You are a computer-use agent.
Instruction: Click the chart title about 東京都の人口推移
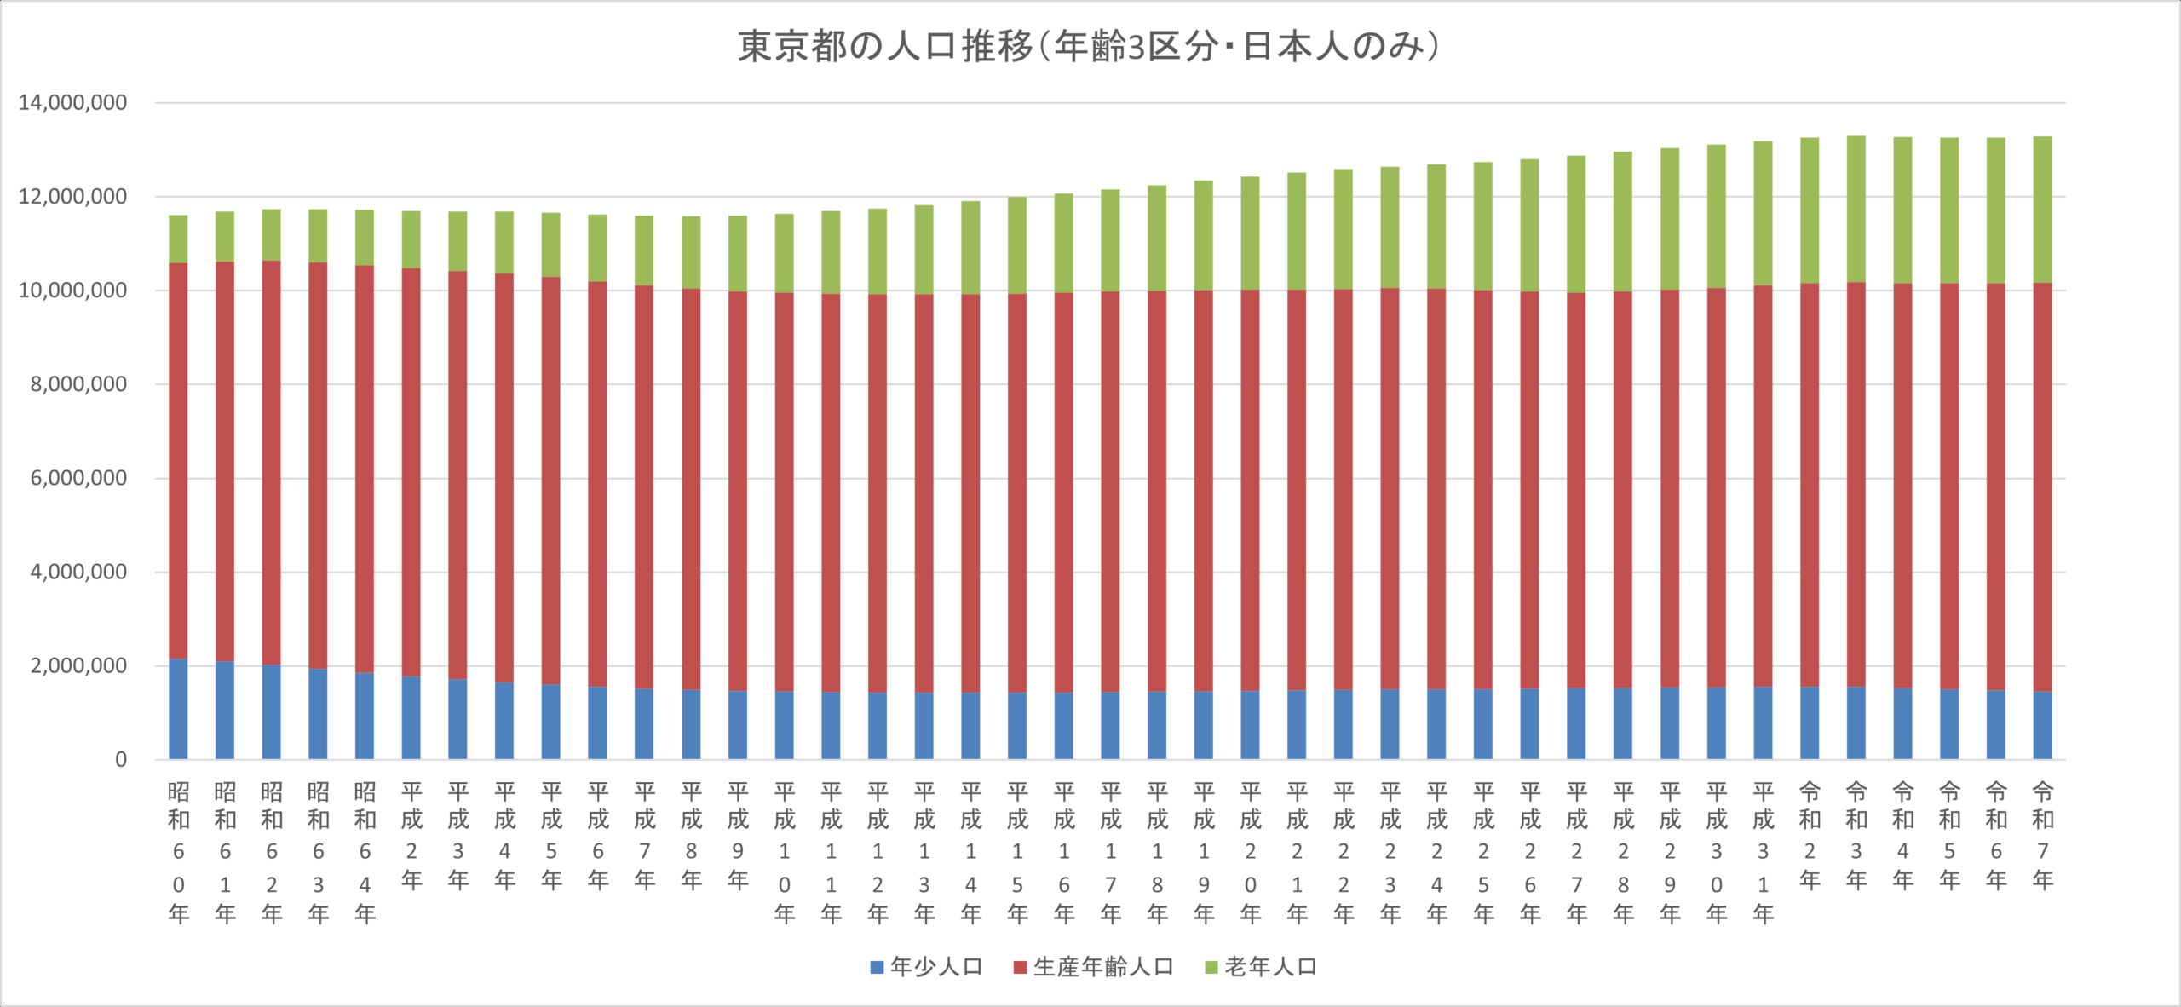click(1089, 47)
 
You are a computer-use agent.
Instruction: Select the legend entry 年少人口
click(926, 967)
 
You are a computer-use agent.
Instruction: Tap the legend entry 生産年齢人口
click(1093, 967)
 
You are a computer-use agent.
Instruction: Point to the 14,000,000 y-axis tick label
click(72, 103)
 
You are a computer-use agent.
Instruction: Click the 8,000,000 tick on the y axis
click(78, 384)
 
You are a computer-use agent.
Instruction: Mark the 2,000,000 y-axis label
click(78, 666)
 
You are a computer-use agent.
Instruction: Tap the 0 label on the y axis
click(121, 760)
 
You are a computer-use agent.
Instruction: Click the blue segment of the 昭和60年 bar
click(178, 709)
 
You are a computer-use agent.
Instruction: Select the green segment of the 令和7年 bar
click(2042, 209)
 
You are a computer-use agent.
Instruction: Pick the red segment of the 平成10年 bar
click(784, 492)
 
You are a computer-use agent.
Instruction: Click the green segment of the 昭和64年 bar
click(365, 238)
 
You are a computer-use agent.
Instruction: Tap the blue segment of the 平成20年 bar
click(1250, 725)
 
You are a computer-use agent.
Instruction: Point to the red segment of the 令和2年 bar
click(1810, 485)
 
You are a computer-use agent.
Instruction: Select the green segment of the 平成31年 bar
click(1763, 213)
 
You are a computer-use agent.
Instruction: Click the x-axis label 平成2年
click(411, 835)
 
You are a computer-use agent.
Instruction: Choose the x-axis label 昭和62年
click(272, 852)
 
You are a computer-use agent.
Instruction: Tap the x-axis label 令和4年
click(1902, 835)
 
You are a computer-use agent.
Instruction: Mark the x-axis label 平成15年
click(1017, 852)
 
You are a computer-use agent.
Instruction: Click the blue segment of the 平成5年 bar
click(551, 722)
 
